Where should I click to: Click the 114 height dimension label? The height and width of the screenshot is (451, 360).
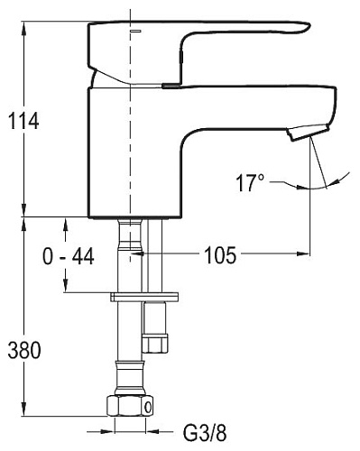tap(23, 121)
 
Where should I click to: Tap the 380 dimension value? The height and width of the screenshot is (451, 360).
tap(24, 350)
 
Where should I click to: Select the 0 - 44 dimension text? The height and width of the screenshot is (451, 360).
tap(69, 256)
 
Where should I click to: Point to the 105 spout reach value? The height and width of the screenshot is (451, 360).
tap(220, 255)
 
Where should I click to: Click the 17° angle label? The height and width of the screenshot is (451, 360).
tap(250, 182)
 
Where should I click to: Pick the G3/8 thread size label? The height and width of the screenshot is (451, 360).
tap(205, 433)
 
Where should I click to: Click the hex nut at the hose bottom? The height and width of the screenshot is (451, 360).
tap(130, 406)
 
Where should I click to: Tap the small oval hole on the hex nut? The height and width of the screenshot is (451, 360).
tap(148, 408)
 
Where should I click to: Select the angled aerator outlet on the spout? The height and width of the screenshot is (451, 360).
tap(308, 133)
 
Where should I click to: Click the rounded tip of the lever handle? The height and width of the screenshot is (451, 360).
tap(305, 27)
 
